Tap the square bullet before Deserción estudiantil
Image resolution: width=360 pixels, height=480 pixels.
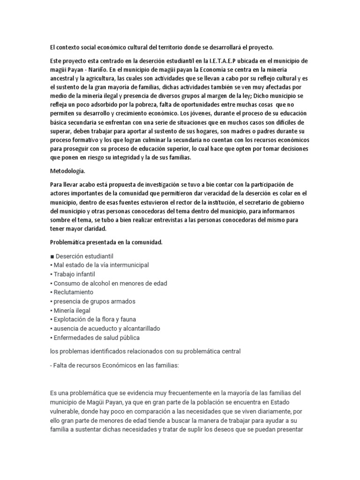coord(52,256)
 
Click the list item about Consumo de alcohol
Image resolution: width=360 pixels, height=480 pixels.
coord(111,283)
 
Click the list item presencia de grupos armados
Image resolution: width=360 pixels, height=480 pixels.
coord(95,301)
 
